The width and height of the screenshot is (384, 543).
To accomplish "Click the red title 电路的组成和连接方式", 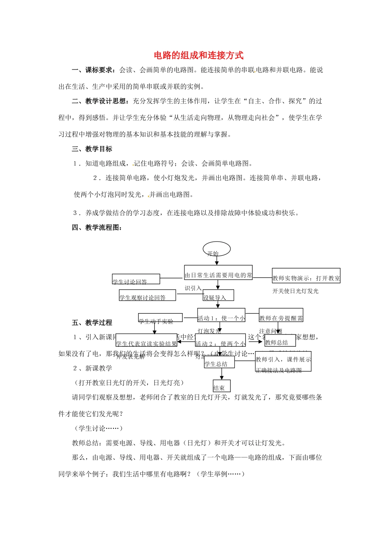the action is pyautogui.click(x=198, y=55).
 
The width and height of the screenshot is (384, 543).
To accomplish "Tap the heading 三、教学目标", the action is pyautogui.click(x=92, y=149).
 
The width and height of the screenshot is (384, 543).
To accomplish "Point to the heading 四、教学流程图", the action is pyautogui.click(x=97, y=227).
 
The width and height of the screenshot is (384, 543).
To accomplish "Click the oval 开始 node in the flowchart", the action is pyautogui.click(x=217, y=249).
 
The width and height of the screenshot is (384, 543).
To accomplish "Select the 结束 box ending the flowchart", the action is pyautogui.click(x=222, y=386).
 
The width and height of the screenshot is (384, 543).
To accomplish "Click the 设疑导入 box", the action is pyautogui.click(x=218, y=295).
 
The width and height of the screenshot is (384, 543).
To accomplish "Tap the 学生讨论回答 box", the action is pyautogui.click(x=136, y=279).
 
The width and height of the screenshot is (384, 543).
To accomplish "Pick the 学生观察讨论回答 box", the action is pyautogui.click(x=147, y=295).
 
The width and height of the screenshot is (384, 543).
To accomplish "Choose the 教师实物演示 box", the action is pyautogui.click(x=306, y=276).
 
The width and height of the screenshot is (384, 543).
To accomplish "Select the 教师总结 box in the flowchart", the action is pyautogui.click(x=280, y=341).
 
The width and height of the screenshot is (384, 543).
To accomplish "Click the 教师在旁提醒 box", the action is pyautogui.click(x=281, y=316).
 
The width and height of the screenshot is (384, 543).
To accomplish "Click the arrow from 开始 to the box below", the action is pyautogui.click(x=217, y=261).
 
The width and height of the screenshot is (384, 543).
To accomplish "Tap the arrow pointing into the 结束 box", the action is pyautogui.click(x=222, y=374).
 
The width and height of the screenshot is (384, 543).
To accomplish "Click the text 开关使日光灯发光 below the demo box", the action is pyautogui.click(x=295, y=291).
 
